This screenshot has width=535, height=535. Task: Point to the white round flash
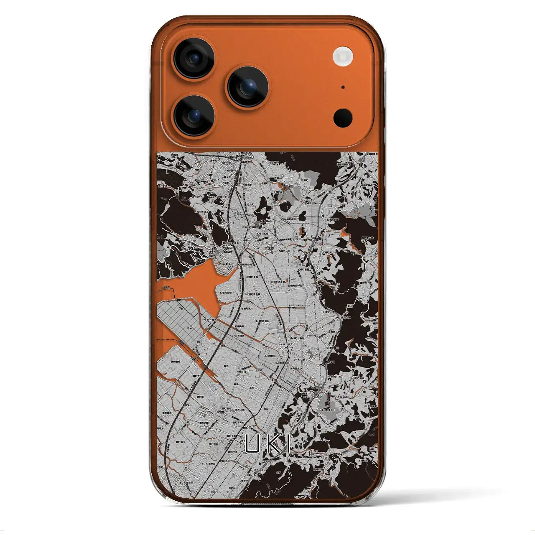343,56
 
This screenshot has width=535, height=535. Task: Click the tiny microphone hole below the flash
343,87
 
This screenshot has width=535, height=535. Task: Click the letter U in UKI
252,444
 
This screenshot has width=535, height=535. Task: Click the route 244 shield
348,307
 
